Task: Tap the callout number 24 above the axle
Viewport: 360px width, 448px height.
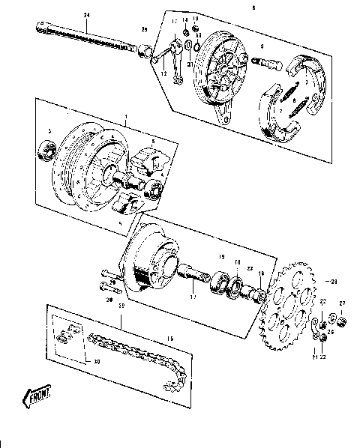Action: (86, 16)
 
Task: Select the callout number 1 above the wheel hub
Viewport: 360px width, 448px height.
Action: (127, 116)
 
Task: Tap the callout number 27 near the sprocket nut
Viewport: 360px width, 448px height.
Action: (342, 303)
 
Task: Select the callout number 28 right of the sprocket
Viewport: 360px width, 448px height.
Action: (335, 282)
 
